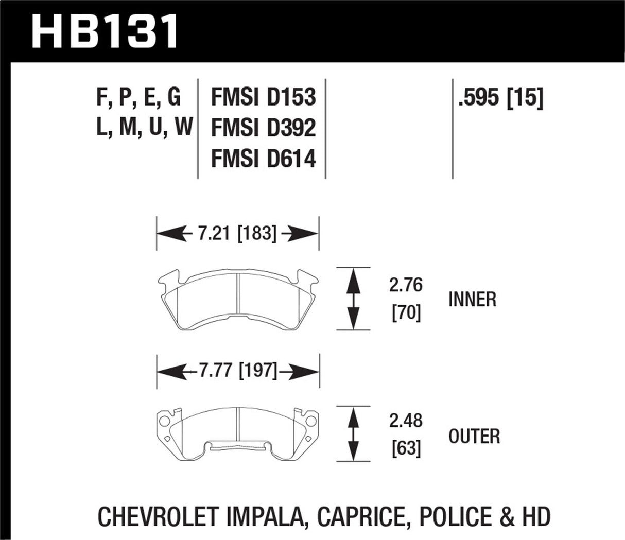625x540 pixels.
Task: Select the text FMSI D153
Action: [263, 98]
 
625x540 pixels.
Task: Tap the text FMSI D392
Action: [263, 128]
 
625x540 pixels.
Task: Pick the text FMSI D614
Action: [263, 159]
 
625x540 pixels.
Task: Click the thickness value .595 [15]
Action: [500, 98]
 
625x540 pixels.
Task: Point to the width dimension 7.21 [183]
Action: [237, 234]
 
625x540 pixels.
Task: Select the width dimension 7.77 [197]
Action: [237, 370]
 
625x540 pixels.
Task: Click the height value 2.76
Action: [406, 285]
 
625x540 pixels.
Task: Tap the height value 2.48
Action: [406, 421]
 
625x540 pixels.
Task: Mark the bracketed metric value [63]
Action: [406, 448]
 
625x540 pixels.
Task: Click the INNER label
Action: [472, 299]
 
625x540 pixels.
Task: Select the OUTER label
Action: [474, 437]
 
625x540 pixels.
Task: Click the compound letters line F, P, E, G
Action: [139, 98]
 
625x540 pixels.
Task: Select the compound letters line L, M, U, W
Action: [144, 127]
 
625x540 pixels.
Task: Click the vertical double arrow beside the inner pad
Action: [353, 299]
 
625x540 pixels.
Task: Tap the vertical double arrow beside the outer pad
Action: [353, 433]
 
